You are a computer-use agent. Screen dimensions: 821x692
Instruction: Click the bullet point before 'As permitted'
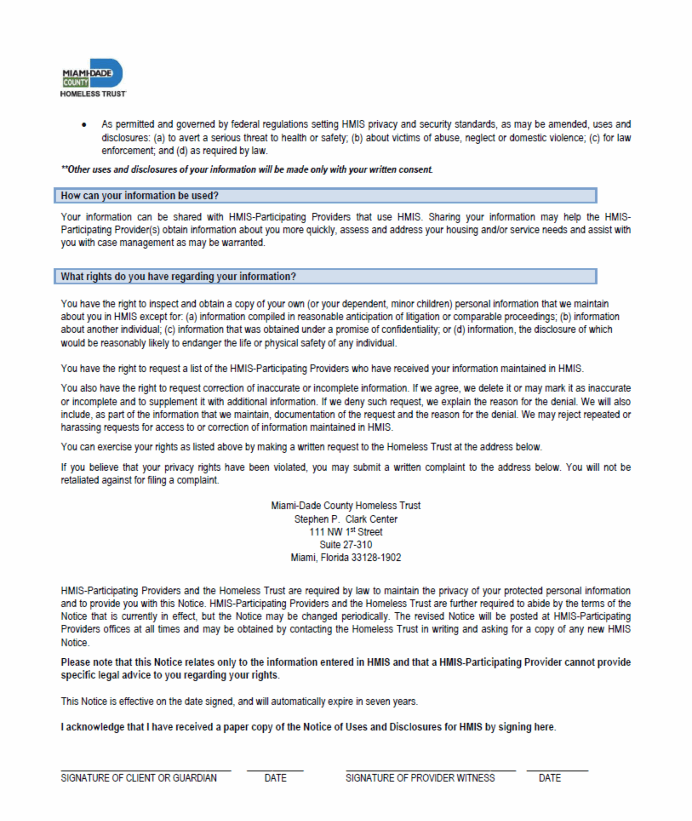coord(84,125)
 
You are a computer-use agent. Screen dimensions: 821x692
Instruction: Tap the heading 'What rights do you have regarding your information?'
coord(178,276)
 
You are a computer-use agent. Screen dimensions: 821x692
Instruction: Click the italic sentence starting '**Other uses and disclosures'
coord(247,169)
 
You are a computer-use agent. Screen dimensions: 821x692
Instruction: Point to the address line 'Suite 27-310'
coord(346,545)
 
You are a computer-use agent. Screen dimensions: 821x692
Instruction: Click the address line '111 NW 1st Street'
coord(346,532)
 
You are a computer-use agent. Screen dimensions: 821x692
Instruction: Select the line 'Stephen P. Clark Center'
coord(346,519)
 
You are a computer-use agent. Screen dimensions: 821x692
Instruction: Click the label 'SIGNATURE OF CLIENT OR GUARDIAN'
coord(139,778)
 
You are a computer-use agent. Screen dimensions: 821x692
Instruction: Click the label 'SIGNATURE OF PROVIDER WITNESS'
coord(420,778)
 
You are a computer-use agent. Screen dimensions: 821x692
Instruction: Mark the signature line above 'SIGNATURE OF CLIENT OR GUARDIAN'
coord(146,770)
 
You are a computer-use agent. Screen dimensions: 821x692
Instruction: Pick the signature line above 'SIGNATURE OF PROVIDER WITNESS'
coord(431,770)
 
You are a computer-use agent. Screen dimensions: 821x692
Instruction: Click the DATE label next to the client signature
coord(275,778)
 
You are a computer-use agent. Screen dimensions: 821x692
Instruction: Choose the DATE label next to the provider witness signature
coord(550,778)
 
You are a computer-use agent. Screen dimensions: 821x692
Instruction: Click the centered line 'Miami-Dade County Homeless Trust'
coord(346,506)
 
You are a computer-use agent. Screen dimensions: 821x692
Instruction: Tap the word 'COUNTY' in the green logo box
coord(76,82)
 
